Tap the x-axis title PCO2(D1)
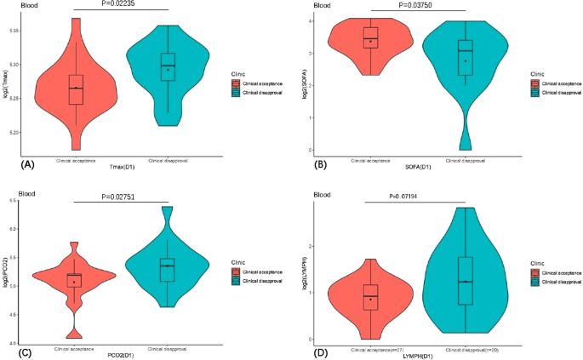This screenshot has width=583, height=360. [x=123, y=354]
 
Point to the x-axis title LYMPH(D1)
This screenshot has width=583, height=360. [x=419, y=354]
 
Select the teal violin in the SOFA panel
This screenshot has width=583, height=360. [x=465, y=60]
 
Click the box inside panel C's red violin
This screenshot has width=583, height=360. [x=77, y=279]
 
